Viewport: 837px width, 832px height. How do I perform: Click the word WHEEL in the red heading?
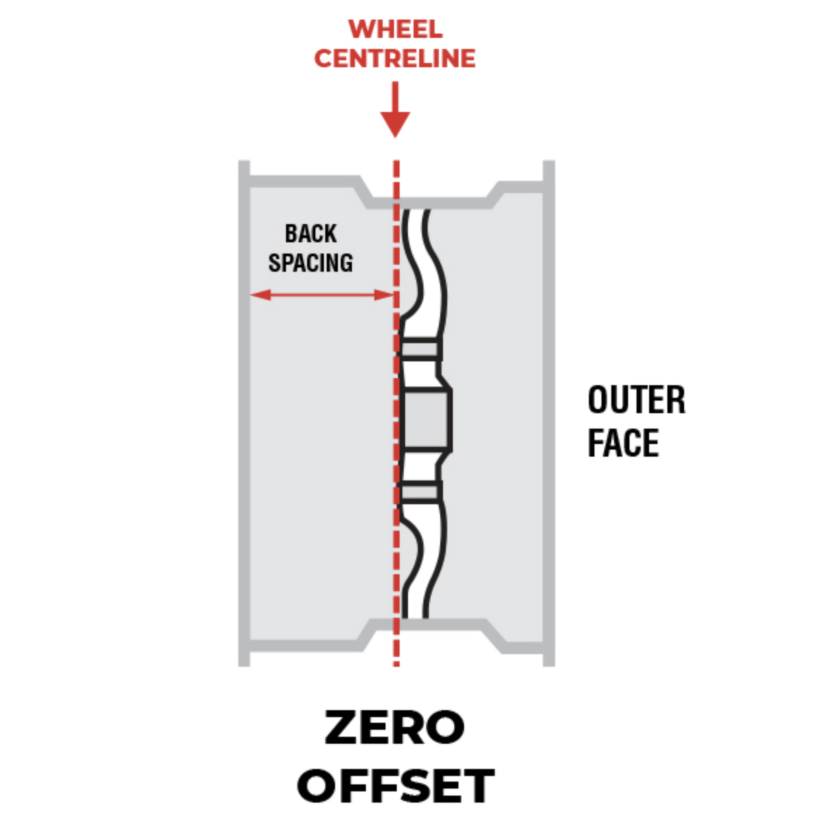[395, 29]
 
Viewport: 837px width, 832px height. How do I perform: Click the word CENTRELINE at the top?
[395, 59]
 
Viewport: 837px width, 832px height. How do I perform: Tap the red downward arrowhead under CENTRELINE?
[395, 125]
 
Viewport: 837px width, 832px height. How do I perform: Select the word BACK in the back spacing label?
[311, 233]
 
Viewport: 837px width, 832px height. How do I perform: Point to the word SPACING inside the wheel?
[311, 263]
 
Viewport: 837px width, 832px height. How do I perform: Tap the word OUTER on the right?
[636, 401]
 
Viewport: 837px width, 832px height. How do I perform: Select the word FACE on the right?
[623, 443]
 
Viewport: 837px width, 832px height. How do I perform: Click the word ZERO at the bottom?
[395, 728]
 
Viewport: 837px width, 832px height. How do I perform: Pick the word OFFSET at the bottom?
[396, 786]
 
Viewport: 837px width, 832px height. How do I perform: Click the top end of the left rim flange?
[244, 167]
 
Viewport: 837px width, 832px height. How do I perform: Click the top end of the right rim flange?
[549, 167]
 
